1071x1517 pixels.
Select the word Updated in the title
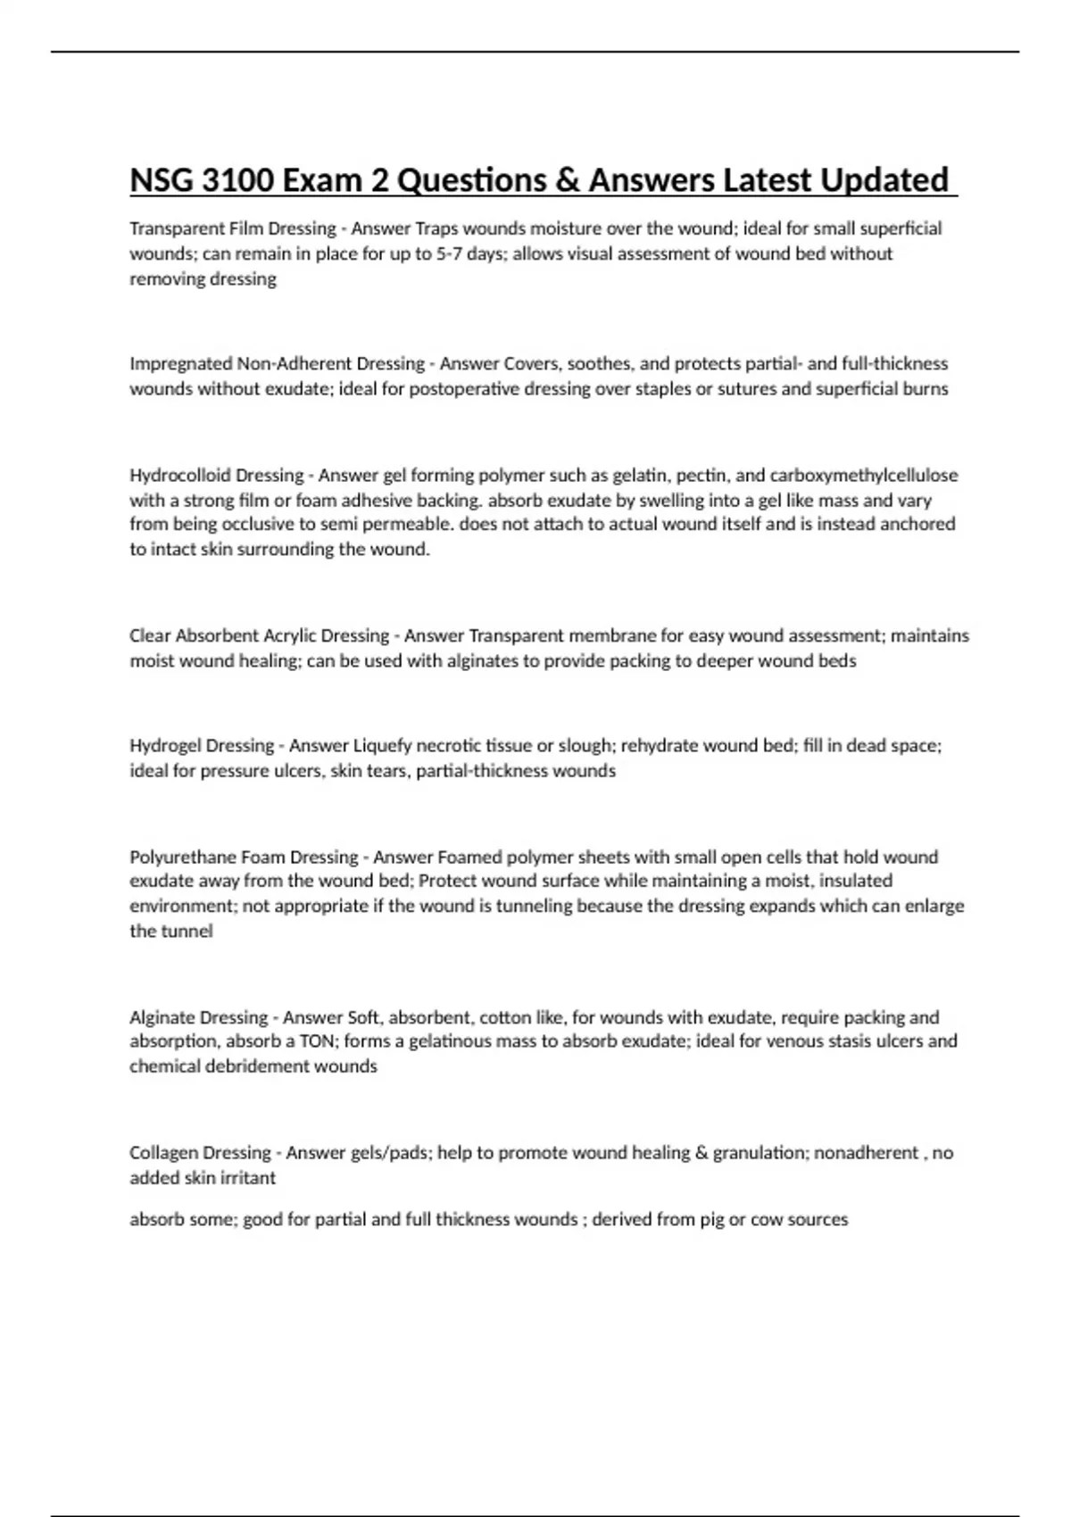[884, 180]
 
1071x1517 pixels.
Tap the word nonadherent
[867, 1153]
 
